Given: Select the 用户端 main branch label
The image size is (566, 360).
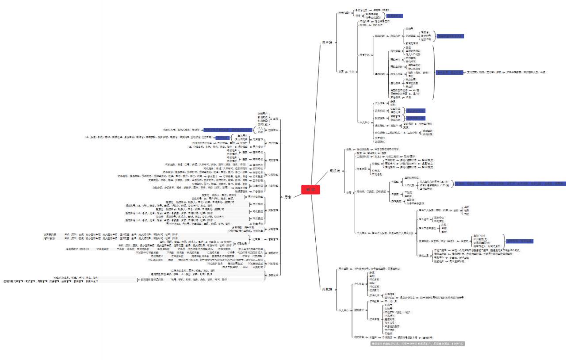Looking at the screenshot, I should pyautogui.click(x=327, y=42).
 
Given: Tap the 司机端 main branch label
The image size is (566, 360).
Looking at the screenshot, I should pyautogui.click(x=334, y=171).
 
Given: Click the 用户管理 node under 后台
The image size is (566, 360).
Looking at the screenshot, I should pyautogui.click(x=273, y=143).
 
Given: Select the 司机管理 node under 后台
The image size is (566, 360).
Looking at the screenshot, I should pyautogui.click(x=273, y=160).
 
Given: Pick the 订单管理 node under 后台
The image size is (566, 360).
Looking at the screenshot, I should pyautogui.click(x=273, y=174).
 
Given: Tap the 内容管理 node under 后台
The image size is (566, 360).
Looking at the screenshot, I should pyautogui.click(x=273, y=186).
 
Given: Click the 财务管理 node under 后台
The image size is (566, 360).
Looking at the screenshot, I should pyautogui.click(x=273, y=210).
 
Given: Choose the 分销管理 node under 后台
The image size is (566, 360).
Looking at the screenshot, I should pyautogui.click(x=273, y=229).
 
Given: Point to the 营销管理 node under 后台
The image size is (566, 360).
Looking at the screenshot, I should pyautogui.click(x=273, y=239).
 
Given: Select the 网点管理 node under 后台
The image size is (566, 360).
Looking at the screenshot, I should pyautogui.click(x=273, y=263).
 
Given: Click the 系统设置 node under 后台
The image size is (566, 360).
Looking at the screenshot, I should pyautogui.click(x=273, y=275).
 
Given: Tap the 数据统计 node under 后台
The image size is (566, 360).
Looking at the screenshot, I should pyautogui.click(x=273, y=253).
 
